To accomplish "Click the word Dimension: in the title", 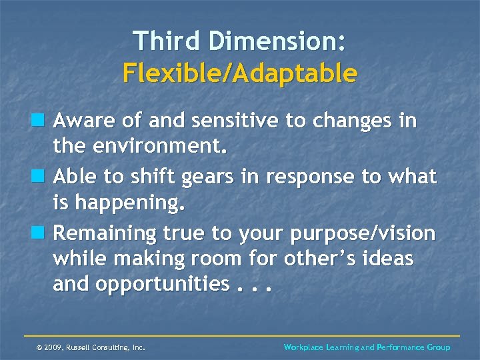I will click(x=277, y=41).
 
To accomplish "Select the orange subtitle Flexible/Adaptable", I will click(x=240, y=73).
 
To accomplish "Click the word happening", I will click(x=129, y=203).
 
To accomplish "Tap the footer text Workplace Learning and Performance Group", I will click(x=367, y=347).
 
